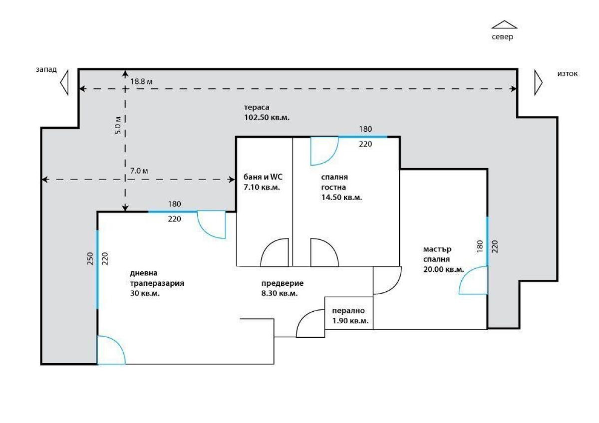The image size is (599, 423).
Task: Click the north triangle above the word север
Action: click(x=504, y=25)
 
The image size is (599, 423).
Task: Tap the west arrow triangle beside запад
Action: click(x=64, y=83)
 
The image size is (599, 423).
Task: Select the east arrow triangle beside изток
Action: click(x=538, y=83)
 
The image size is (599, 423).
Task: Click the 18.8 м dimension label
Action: click(x=141, y=81)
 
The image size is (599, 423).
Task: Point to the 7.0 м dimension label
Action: click(x=139, y=171)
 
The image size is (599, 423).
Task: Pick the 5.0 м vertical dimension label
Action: click(x=118, y=125)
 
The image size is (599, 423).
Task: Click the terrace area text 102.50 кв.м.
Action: click(x=267, y=118)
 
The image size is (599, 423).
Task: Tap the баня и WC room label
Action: click(x=263, y=177)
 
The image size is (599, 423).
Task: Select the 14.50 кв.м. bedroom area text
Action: click(x=341, y=198)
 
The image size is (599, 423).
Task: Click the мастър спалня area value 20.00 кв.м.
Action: click(x=443, y=270)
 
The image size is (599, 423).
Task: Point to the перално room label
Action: click(x=348, y=311)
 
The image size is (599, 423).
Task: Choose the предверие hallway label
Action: click(x=283, y=283)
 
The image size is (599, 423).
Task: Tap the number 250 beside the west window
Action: click(x=90, y=258)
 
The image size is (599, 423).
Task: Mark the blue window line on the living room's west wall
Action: click(x=97, y=270)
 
